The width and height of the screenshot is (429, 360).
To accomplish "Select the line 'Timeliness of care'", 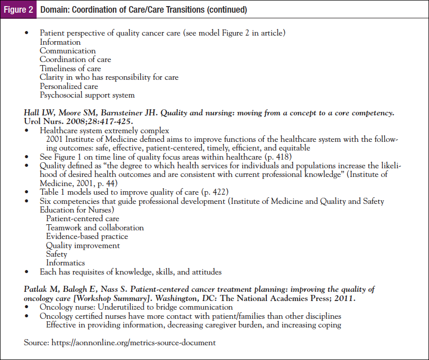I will [x=70, y=69].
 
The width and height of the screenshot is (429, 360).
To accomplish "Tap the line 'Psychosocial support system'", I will [x=87, y=95].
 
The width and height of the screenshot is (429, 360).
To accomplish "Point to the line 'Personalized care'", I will [x=69, y=86].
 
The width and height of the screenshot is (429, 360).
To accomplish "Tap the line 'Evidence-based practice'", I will [x=87, y=236].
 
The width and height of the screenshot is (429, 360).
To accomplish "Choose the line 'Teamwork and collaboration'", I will [x=95, y=228].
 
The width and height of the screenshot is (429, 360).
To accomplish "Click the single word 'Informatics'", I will [x=66, y=263].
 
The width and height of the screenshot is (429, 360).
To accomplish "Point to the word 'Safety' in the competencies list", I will [x=56, y=254].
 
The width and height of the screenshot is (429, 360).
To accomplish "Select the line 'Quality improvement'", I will [x=83, y=246].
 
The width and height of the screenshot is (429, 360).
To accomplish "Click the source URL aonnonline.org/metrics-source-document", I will [x=133, y=343].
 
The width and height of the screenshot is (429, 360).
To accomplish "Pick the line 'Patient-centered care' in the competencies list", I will [x=83, y=219].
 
